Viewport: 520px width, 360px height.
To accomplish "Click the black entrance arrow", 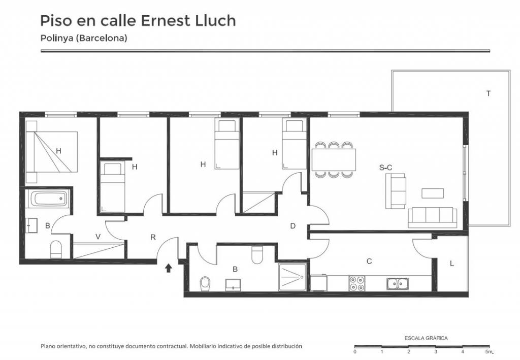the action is [x=169, y=268].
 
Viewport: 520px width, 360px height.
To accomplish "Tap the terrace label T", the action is [x=488, y=93].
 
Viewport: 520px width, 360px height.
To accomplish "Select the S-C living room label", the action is [x=386, y=168].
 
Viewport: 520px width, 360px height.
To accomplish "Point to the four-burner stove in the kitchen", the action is [x=357, y=283].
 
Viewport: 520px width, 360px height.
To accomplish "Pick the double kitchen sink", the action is [x=397, y=284].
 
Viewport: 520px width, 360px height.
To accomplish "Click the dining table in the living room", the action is [x=334, y=160].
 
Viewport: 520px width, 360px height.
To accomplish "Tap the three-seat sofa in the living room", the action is [x=432, y=218].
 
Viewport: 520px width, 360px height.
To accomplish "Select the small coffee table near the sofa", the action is [x=433, y=193].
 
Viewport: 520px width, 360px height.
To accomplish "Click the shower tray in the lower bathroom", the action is [x=292, y=277].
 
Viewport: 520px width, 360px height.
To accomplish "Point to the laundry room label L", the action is [x=451, y=264].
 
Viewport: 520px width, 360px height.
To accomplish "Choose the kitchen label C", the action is [x=369, y=261].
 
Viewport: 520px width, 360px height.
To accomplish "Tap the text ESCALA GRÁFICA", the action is [x=426, y=339].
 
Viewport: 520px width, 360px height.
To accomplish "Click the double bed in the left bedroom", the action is [x=51, y=152].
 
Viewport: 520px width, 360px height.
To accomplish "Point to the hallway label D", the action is [x=292, y=226].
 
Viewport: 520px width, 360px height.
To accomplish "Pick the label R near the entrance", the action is [x=153, y=237].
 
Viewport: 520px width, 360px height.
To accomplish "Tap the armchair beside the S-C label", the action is [x=396, y=191].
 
